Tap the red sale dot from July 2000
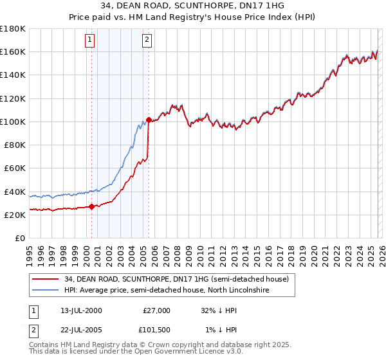(x=91, y=206)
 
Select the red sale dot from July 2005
(x=149, y=120)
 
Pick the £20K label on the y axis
(x=15, y=215)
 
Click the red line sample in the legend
(x=45, y=279)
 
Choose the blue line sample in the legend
(x=45, y=291)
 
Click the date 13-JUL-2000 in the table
(x=78, y=310)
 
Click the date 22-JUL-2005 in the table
(x=78, y=330)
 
